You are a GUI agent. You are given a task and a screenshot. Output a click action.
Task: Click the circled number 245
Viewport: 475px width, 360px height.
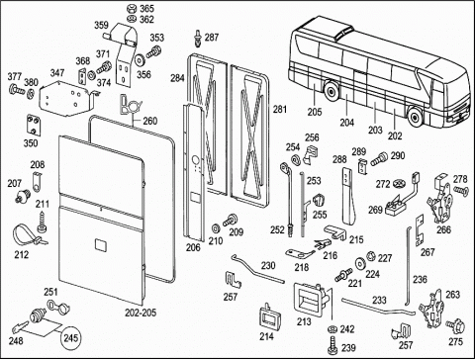pos(71,338)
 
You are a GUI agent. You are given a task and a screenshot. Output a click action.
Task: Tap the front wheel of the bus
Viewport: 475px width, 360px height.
pos(415,116)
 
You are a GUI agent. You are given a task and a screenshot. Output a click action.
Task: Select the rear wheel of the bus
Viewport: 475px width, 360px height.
pos(332,91)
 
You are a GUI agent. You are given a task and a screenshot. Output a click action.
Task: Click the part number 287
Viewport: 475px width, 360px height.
pos(212,38)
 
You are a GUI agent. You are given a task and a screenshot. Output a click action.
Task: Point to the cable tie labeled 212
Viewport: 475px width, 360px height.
pos(28,235)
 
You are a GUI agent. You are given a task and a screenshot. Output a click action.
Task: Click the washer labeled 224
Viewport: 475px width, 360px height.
pos(361,264)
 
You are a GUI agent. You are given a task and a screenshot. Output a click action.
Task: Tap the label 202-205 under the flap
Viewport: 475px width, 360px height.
pos(141,313)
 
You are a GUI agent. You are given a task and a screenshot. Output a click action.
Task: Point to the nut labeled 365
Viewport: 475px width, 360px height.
pos(131,9)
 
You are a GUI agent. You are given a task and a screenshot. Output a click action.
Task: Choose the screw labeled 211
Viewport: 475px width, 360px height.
pos(43,222)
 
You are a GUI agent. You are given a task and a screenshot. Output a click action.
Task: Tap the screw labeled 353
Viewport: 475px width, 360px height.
pos(153,52)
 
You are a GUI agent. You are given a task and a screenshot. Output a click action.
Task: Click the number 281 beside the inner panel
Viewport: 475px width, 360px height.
pos(280,109)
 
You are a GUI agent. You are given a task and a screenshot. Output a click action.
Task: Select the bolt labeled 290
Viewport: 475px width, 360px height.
pos(379,158)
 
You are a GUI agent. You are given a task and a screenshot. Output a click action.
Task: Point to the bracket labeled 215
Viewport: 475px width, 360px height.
pos(335,231)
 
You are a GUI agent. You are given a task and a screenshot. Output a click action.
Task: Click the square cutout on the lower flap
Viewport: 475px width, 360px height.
pos(100,245)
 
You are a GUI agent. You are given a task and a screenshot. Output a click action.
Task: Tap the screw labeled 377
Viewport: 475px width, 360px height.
pos(17,89)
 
